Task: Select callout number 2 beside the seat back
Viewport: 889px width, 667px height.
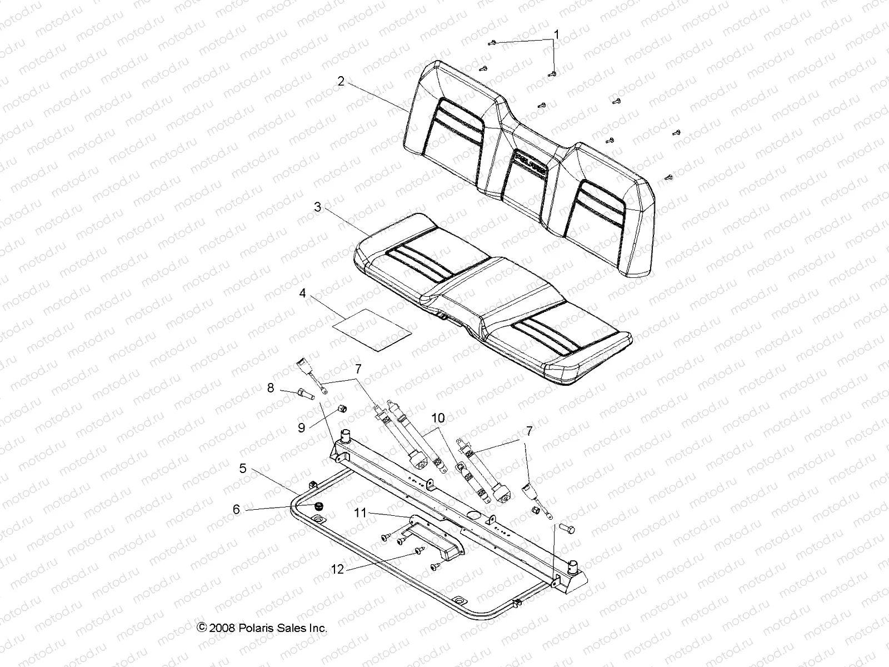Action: (x=341, y=81)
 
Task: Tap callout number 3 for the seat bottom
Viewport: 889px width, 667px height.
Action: (x=318, y=207)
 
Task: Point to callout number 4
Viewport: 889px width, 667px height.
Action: (x=303, y=293)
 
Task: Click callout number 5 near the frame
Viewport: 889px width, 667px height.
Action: (x=243, y=469)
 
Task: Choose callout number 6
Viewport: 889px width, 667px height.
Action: (x=237, y=509)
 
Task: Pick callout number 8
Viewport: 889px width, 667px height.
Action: (x=271, y=388)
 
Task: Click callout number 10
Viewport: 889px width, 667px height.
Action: (x=439, y=417)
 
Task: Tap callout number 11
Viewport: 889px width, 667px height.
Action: (x=361, y=512)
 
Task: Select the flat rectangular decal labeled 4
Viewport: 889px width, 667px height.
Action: (x=372, y=330)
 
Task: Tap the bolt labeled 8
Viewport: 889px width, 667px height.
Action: (x=307, y=395)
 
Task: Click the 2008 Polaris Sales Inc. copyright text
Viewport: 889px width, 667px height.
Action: (x=262, y=628)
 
